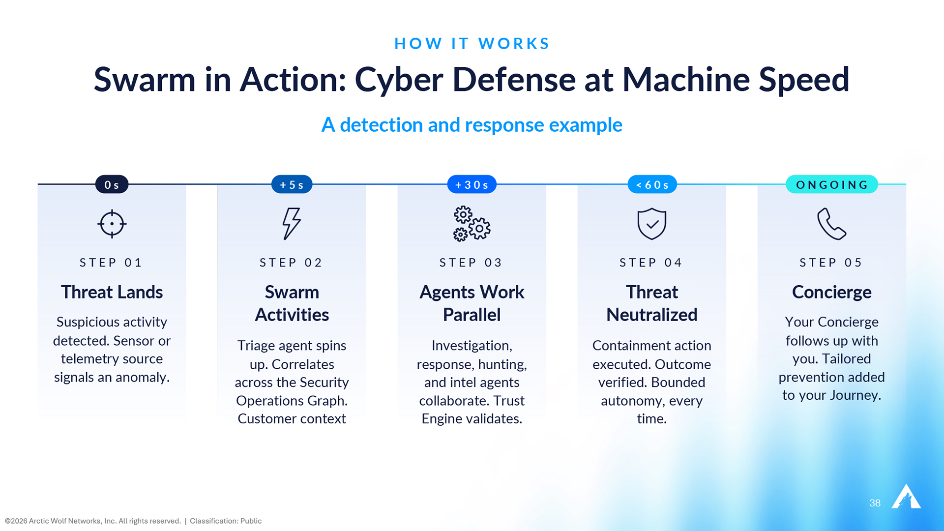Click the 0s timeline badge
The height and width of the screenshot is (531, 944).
click(112, 184)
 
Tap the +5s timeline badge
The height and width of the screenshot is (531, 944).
click(292, 184)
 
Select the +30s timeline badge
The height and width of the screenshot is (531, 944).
click(472, 184)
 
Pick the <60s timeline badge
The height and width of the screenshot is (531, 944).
click(652, 184)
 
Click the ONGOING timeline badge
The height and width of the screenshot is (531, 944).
click(832, 184)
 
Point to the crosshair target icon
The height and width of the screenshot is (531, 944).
click(112, 224)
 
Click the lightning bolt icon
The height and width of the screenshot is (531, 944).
click(292, 224)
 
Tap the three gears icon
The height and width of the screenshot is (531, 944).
click(472, 224)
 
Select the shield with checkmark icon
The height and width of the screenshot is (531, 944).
click(652, 224)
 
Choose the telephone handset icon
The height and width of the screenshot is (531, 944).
click(832, 224)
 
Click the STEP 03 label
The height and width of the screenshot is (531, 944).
click(471, 263)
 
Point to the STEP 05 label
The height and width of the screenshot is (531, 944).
click(831, 263)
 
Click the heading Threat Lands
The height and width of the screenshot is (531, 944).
click(112, 292)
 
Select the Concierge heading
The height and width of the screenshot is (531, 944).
click(832, 293)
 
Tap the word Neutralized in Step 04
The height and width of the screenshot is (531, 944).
click(652, 315)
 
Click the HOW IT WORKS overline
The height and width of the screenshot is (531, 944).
click(472, 43)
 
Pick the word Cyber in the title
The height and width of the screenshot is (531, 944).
click(399, 80)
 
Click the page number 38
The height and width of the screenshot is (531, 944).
click(875, 503)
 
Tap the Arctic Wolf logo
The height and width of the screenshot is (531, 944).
click(906, 497)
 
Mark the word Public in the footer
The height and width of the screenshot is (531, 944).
click(251, 521)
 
